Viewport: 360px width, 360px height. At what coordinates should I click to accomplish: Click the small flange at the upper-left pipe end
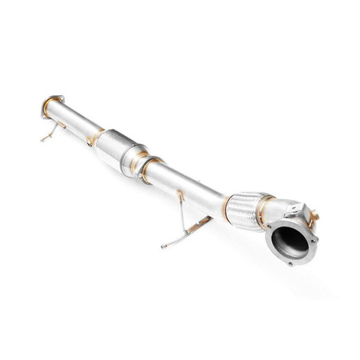(50, 106)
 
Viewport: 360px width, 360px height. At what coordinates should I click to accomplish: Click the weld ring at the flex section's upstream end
(231, 201)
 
